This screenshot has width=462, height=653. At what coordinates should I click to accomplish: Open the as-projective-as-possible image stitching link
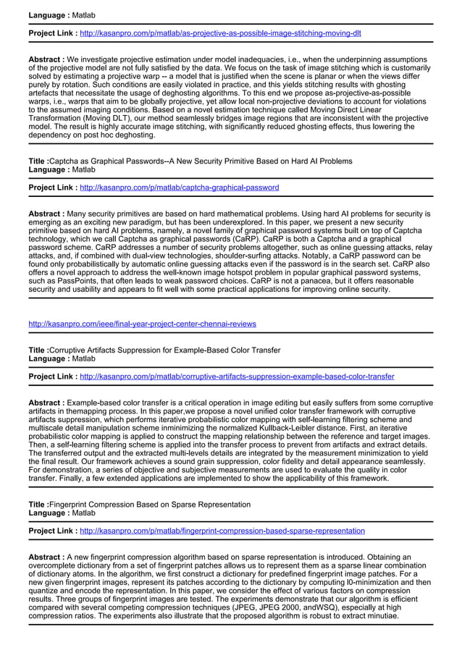(x=220, y=33)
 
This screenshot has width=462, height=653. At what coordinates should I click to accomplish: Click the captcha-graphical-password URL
(x=179, y=188)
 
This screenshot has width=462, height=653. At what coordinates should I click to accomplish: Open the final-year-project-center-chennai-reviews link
(x=142, y=324)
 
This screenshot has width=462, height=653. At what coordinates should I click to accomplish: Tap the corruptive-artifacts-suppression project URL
(x=237, y=376)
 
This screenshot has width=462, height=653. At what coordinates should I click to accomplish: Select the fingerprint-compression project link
(x=222, y=531)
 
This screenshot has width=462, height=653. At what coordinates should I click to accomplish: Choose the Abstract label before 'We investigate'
(x=46, y=59)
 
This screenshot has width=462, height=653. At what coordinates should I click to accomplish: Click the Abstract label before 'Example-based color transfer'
(x=46, y=402)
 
